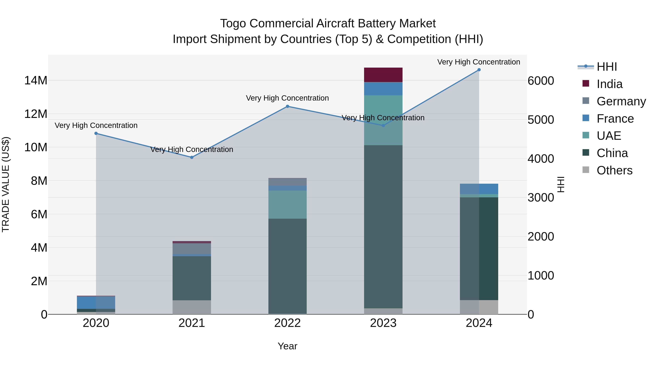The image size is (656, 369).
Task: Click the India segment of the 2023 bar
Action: pyautogui.click(x=383, y=75)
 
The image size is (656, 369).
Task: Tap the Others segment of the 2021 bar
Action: pyautogui.click(x=192, y=307)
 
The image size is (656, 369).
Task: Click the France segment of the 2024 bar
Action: pyautogui.click(x=479, y=189)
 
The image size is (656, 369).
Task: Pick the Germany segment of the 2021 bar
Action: pyautogui.click(x=192, y=249)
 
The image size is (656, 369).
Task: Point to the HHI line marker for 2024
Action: pyautogui.click(x=479, y=70)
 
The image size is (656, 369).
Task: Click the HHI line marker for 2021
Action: pyautogui.click(x=192, y=157)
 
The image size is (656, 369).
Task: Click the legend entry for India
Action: pyautogui.click(x=609, y=84)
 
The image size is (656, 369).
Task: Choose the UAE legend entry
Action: pyautogui.click(x=609, y=136)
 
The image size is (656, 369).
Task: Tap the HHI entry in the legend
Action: pyautogui.click(x=607, y=67)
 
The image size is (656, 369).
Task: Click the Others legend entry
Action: pyautogui.click(x=614, y=170)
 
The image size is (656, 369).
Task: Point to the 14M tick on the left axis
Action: pyautogui.click(x=36, y=81)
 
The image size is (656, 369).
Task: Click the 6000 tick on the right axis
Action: pyautogui.click(x=541, y=81)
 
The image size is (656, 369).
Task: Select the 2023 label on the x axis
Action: pyautogui.click(x=383, y=323)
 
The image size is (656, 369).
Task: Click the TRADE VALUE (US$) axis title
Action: pyautogui.click(x=6, y=184)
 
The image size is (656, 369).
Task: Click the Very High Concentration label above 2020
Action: pyautogui.click(x=96, y=125)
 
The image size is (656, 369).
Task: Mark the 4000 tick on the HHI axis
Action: pyautogui.click(x=541, y=159)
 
